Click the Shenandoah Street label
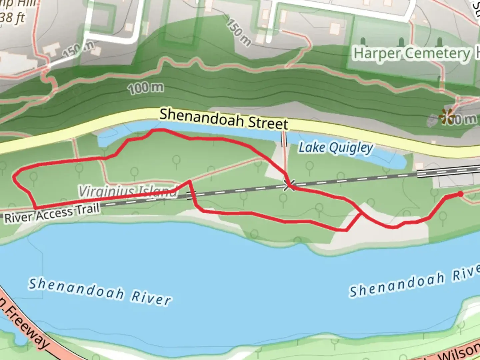point(224,119)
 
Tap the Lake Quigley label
point(335,148)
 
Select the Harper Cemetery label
point(412,53)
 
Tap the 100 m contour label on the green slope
point(146,88)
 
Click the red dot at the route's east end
point(460,194)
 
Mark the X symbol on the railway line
point(289,185)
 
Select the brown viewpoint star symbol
point(447,116)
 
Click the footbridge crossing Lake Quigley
point(284,139)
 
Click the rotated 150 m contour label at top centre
point(239,32)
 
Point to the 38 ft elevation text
point(12,17)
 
